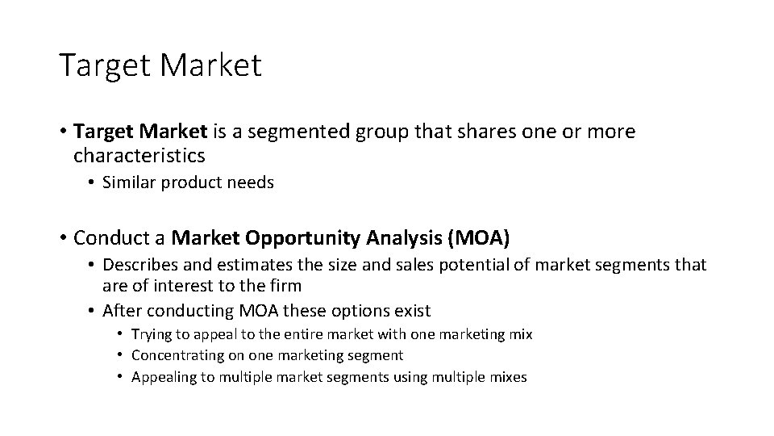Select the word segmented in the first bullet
[292, 132]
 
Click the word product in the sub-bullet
[192, 183]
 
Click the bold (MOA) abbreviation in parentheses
[481, 238]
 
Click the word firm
[284, 285]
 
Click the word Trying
[150, 334]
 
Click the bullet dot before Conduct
[62, 239]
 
